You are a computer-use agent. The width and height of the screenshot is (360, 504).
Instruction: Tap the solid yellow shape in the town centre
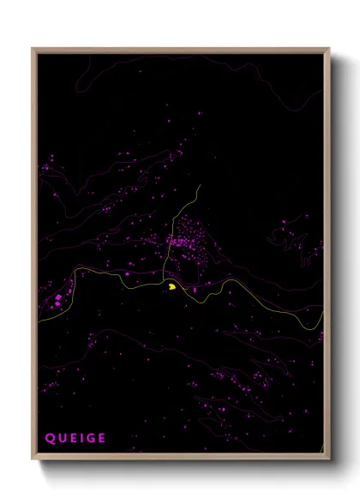pyautogui.click(x=172, y=287)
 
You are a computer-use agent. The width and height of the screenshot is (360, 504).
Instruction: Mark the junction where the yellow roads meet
pyautogui.click(x=164, y=279)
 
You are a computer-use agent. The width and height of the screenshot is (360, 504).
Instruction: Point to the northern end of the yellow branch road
pyautogui.click(x=199, y=183)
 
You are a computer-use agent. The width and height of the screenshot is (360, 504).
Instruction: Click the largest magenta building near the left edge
pyautogui.click(x=58, y=297)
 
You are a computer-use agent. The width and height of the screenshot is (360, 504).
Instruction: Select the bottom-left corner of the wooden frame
pyautogui.click(x=33, y=460)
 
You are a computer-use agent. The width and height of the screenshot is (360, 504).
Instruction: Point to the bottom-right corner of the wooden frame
pyautogui.click(x=329, y=460)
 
